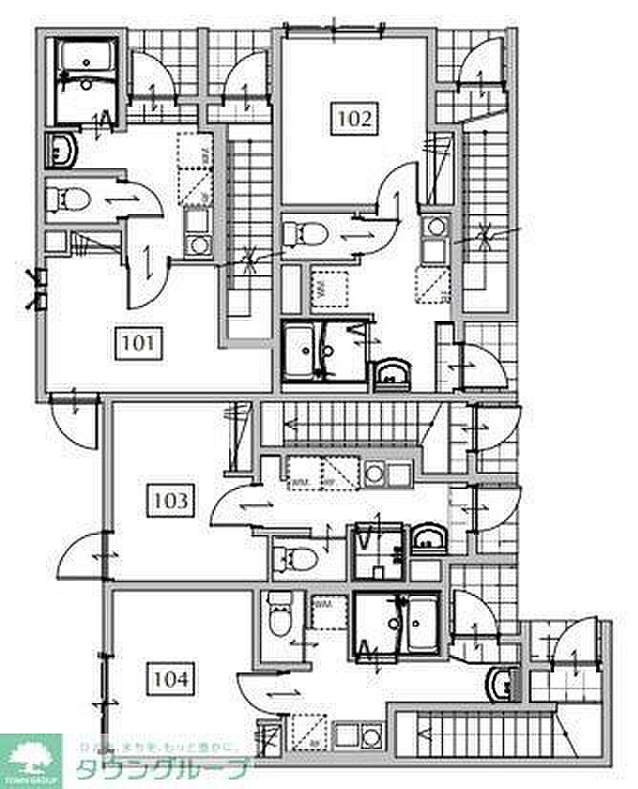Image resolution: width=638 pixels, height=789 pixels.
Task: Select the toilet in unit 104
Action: coord(279,615)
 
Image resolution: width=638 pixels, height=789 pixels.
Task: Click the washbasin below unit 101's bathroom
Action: coord(65,150)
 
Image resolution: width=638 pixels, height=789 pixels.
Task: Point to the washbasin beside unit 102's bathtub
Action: coord(392,374)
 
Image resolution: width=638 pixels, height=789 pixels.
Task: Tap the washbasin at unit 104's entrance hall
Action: coord(501,682)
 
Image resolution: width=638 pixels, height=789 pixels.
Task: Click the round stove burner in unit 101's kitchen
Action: coord(200,245)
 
